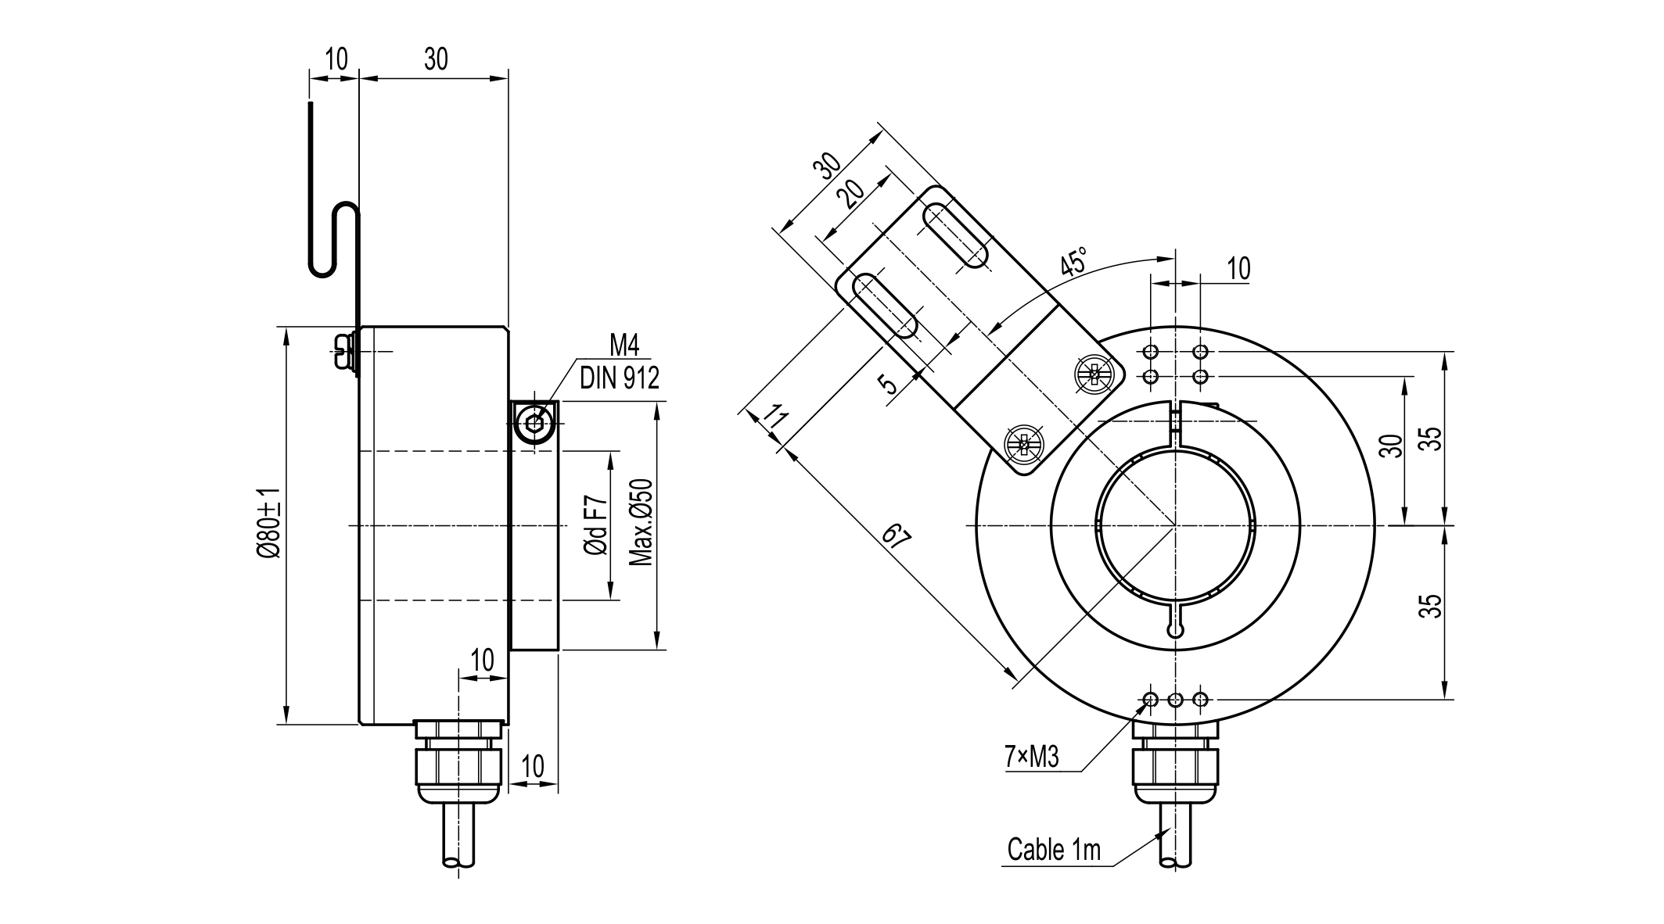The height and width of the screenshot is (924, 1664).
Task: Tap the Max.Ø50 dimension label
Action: coord(641,522)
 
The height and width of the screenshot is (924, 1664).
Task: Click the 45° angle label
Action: coord(1075,262)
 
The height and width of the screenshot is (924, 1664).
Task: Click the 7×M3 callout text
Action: coord(1031,756)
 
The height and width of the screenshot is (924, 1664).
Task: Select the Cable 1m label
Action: coord(1053,850)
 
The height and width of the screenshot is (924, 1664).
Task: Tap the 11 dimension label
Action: coord(774,417)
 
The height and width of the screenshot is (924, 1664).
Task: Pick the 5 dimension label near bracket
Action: coord(888,384)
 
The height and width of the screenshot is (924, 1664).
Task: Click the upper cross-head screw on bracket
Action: coord(1094,374)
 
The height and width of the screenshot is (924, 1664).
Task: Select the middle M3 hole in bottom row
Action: coord(1175,699)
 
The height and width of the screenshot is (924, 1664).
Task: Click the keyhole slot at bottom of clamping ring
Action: coord(1175,627)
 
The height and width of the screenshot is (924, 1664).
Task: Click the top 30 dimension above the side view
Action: coord(436,59)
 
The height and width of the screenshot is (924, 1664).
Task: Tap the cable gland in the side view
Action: coord(458,762)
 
